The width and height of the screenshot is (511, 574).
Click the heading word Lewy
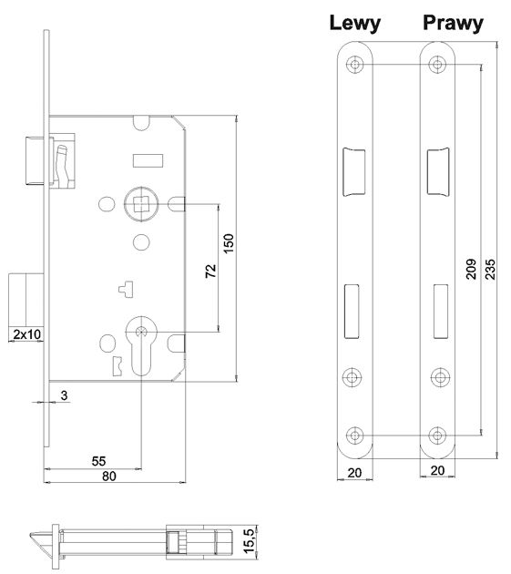point(355,23)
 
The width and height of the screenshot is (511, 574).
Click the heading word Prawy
point(452,23)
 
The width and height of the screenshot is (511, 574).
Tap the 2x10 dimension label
point(26,335)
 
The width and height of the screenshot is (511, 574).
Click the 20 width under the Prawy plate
point(438,472)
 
